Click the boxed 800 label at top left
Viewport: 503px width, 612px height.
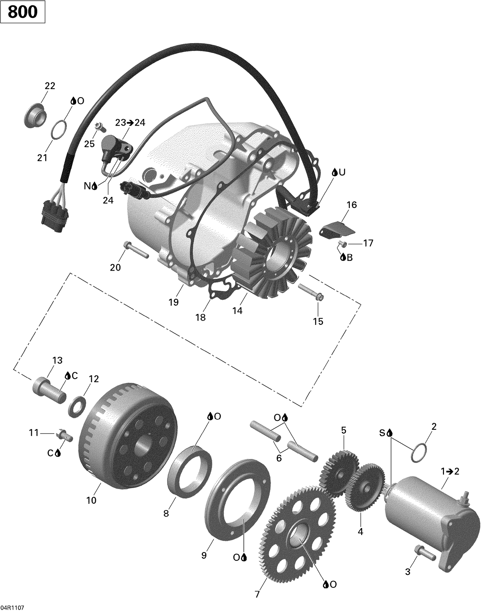click(22, 12)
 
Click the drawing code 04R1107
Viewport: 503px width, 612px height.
click(12, 605)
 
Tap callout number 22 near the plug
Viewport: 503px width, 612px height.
click(50, 86)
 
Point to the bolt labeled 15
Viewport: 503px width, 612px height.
click(311, 292)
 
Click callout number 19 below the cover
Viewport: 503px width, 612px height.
click(173, 302)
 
